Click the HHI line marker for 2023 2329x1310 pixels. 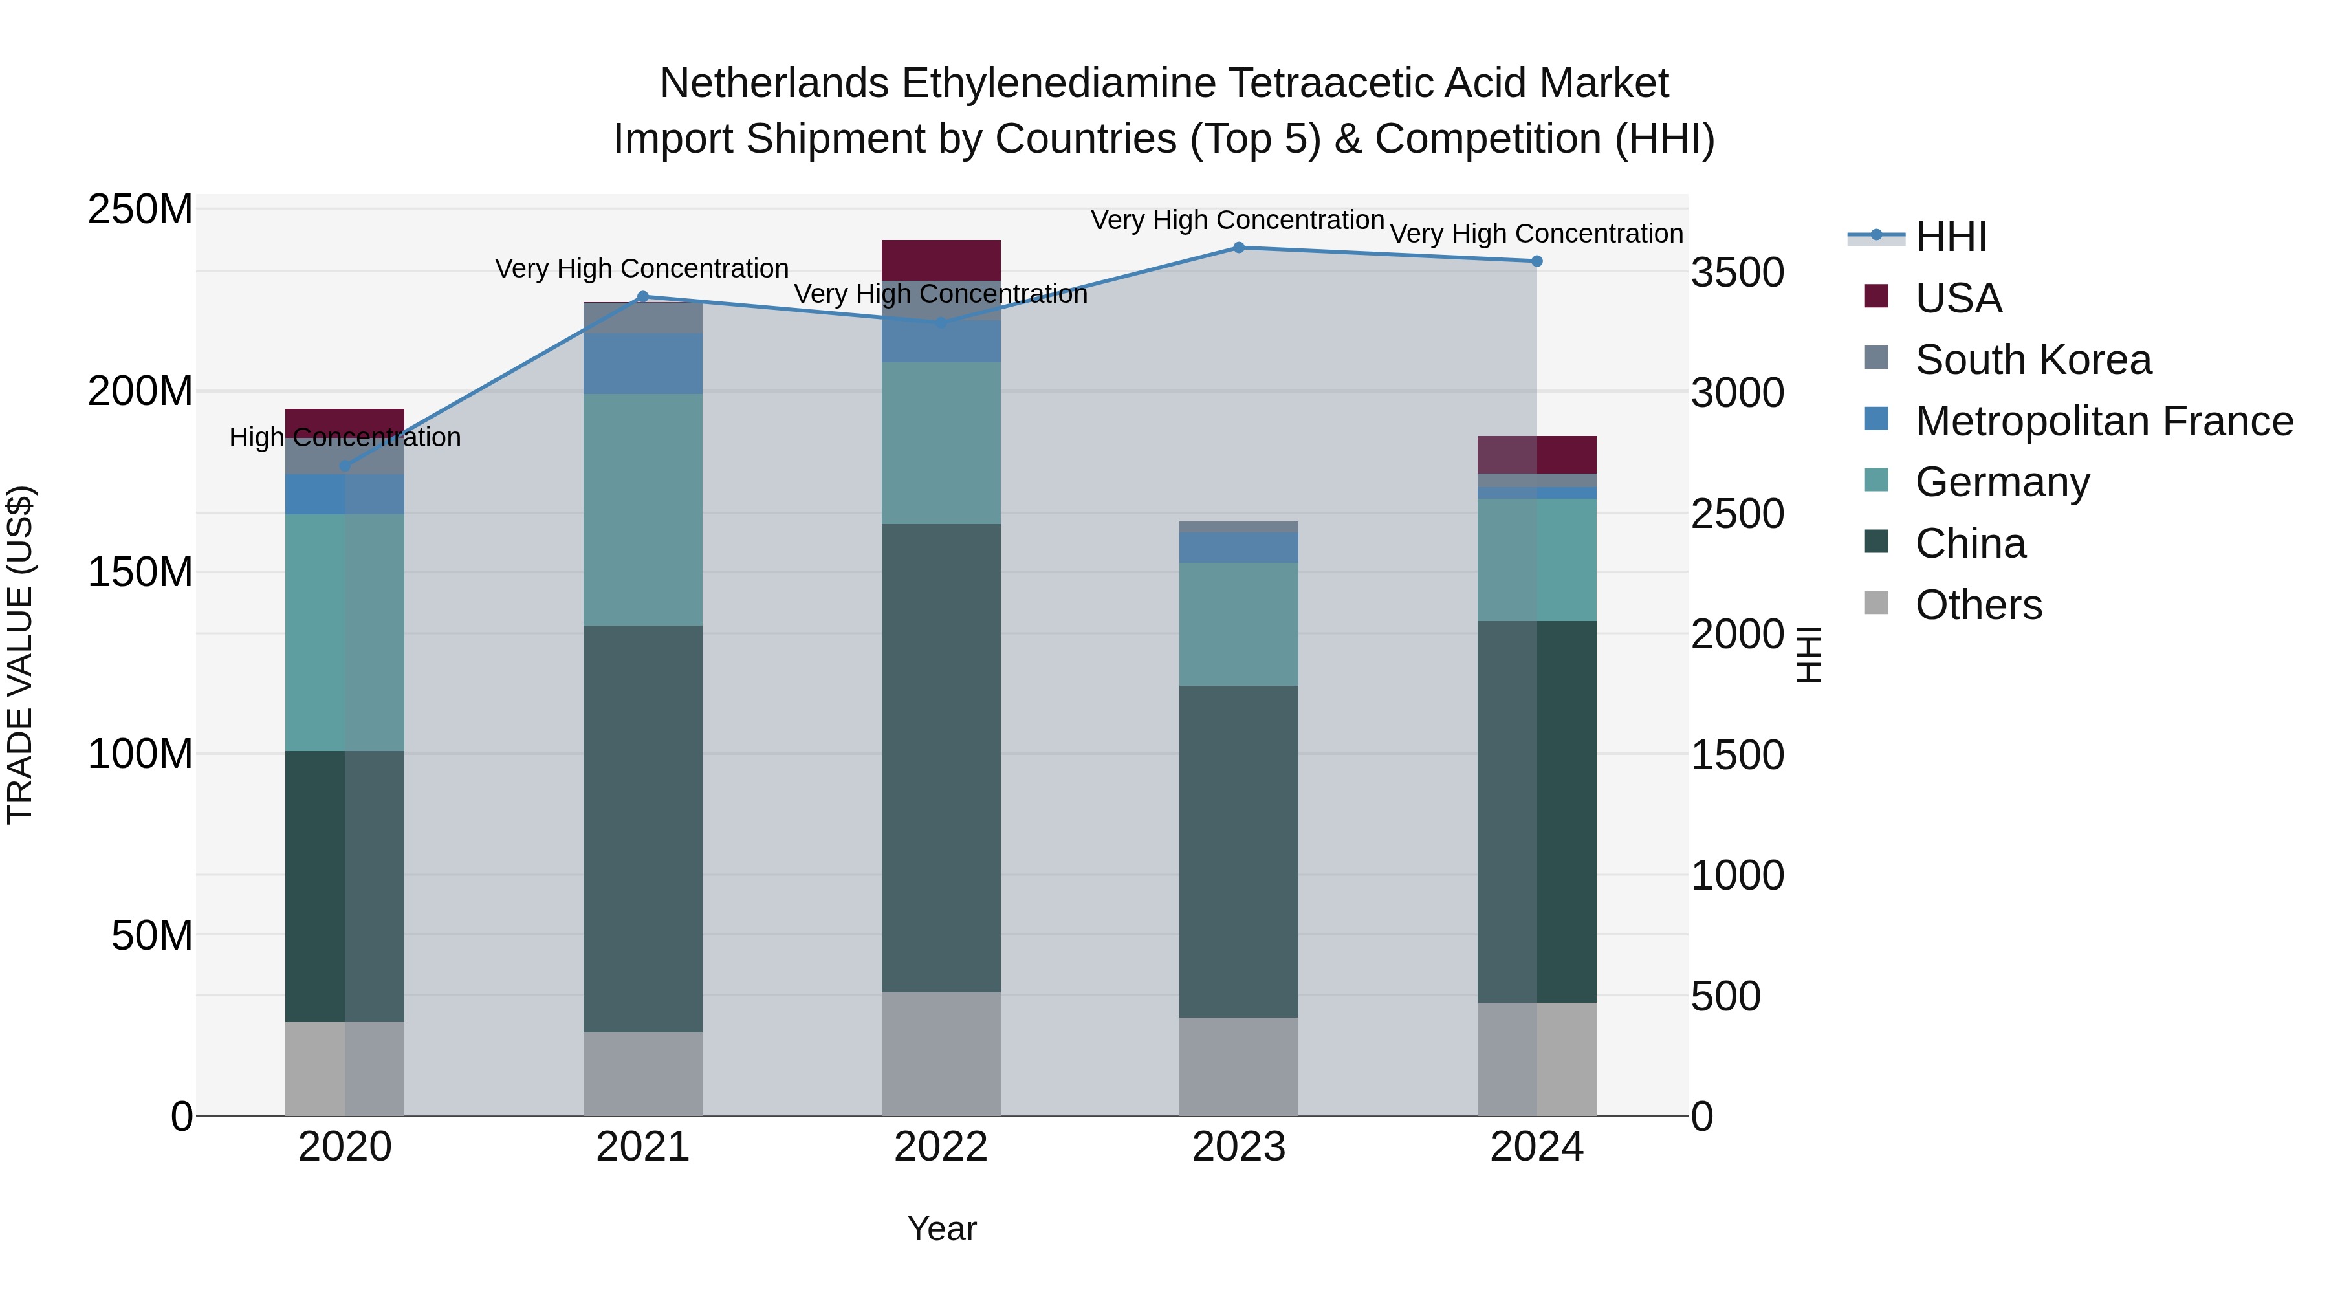1239,248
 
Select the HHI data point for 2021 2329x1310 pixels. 643,296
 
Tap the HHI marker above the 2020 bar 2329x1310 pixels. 344,466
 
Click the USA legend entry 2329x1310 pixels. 1958,298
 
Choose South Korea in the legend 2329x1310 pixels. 2033,360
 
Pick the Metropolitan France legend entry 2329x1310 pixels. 2104,421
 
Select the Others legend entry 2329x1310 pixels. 1978,605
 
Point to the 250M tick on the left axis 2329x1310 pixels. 140,210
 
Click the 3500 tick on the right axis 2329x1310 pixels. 1737,273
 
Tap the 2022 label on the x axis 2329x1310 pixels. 940,1147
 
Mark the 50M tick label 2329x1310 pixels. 152,935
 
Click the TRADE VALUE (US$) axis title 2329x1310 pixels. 20,655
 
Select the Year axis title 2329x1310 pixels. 941,1228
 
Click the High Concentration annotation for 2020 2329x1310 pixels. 344,437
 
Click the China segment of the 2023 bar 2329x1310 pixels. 1239,850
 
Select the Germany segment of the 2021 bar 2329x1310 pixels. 643,509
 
